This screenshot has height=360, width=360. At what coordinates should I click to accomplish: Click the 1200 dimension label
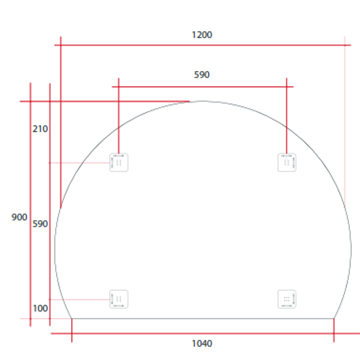202,35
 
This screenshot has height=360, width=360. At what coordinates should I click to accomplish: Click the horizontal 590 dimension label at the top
202,75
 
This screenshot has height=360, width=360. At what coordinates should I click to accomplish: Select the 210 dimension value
40,129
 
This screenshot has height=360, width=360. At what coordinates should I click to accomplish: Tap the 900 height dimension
19,218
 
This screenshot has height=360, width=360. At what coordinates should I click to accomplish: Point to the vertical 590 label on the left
40,224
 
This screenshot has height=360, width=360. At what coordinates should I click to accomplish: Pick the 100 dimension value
40,309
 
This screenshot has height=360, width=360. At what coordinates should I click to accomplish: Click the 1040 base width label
202,344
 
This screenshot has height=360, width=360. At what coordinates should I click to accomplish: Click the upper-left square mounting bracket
119,162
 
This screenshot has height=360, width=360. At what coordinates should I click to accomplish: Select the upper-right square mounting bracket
287,162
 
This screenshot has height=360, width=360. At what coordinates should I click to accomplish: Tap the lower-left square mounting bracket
119,299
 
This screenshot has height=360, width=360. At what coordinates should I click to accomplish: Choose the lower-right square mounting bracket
287,299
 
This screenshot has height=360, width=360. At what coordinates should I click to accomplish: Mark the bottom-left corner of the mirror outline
72,319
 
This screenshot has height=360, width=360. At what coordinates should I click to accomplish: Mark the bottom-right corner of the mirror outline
334,319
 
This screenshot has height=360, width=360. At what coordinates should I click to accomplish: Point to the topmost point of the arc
203,101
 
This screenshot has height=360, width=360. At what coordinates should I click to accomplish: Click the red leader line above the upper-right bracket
286,117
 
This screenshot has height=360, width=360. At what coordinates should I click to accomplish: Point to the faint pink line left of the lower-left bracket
80,299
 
